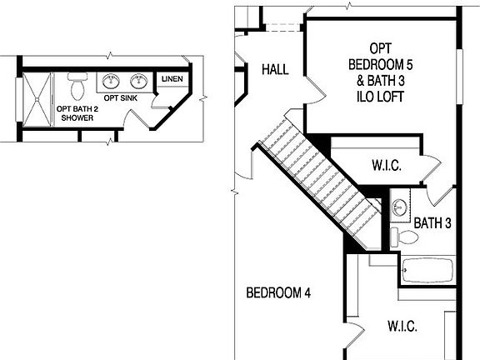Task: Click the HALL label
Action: pyautogui.click(x=275, y=69)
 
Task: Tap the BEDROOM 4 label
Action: pyautogui.click(x=278, y=292)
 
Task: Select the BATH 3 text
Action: pyautogui.click(x=432, y=222)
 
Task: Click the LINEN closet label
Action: pyautogui.click(x=172, y=80)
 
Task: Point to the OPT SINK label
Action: pyautogui.click(x=120, y=98)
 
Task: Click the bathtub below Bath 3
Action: pyautogui.click(x=427, y=270)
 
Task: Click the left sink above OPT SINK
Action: pyautogui.click(x=112, y=82)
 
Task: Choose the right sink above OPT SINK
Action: pyautogui.click(x=137, y=82)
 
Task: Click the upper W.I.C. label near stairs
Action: pyautogui.click(x=386, y=166)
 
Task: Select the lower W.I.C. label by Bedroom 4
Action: pyautogui.click(x=402, y=326)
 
